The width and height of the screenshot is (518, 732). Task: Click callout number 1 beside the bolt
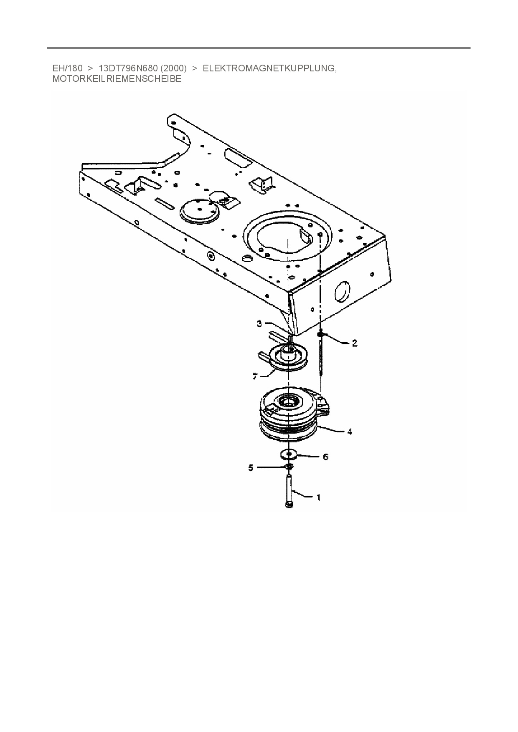click(x=319, y=497)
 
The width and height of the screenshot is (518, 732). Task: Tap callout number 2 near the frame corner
click(x=355, y=343)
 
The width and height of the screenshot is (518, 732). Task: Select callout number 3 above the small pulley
click(x=259, y=323)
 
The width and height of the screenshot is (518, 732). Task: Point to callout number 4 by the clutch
click(x=349, y=432)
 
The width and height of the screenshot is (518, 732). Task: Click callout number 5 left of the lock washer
click(x=251, y=468)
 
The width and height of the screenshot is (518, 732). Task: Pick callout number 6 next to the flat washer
click(x=326, y=457)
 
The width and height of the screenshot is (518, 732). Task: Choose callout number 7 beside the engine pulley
click(x=255, y=376)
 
